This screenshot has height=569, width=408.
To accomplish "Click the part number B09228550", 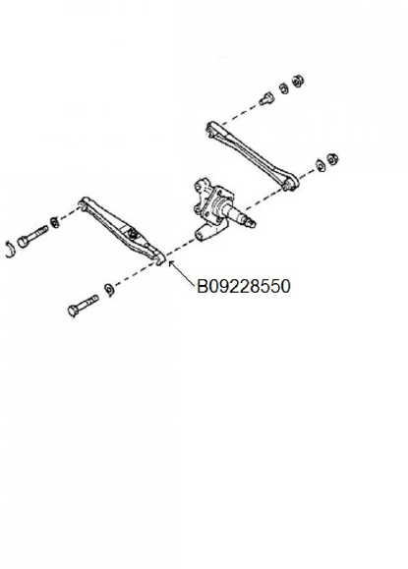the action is point(244,286).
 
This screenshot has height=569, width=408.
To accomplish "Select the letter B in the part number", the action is point(202,286).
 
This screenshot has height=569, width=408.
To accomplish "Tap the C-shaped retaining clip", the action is point(11,250).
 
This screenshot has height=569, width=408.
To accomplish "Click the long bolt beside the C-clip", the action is point(32,236).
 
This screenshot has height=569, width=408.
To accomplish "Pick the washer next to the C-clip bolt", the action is point(55,222).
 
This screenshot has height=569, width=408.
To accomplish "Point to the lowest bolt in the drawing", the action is point(84,306).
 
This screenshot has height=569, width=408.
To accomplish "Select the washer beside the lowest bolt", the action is point(109,289).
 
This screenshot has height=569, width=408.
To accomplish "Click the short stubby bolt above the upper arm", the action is point(266,98).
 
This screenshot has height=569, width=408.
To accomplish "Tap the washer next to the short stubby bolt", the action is point(284,88).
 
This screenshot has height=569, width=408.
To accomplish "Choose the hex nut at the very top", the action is point(298,81).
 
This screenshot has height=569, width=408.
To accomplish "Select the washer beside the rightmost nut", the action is point(321,165).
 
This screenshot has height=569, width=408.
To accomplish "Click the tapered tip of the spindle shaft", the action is point(251,222).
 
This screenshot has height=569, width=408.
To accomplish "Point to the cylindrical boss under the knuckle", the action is point(204,232).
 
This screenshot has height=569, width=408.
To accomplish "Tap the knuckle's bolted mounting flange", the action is point(204,199).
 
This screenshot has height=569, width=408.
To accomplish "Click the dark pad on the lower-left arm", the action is point(133,233).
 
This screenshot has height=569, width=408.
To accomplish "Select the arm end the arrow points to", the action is point(159,257).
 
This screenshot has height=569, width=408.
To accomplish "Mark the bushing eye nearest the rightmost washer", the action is point(290,184).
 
